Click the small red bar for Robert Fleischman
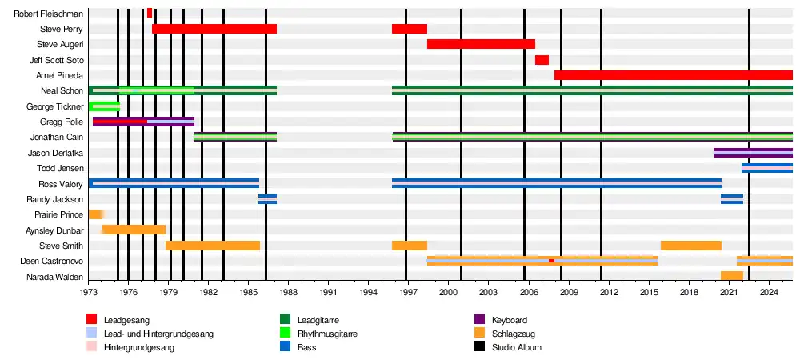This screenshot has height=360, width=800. click(x=150, y=13)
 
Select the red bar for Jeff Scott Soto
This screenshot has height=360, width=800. click(x=542, y=60)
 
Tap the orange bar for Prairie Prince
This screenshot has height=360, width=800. click(x=95, y=214)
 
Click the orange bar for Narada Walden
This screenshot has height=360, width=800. click(x=731, y=276)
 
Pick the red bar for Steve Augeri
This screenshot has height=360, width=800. click(x=481, y=44)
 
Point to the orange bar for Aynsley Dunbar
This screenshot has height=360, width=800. click(x=134, y=230)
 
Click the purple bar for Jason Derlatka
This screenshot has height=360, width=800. click(x=752, y=153)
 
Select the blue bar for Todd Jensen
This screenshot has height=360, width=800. click(x=766, y=168)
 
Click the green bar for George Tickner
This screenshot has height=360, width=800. click(x=104, y=106)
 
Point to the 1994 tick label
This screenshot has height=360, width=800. click(x=368, y=293)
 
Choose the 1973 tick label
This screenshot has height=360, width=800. click(x=89, y=293)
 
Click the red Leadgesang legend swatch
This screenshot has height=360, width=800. click(x=92, y=320)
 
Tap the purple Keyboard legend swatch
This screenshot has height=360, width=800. click(x=480, y=320)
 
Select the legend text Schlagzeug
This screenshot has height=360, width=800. click(x=514, y=334)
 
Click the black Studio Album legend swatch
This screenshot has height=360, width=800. click(x=480, y=347)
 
